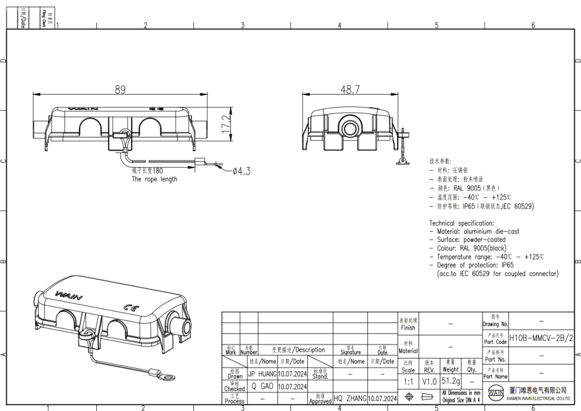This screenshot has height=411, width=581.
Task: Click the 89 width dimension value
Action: tap(120, 90)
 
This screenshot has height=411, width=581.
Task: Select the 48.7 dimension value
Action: tap(350, 90)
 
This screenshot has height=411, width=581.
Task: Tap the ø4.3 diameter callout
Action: tap(241, 171)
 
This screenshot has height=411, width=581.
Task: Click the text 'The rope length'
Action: tap(154, 180)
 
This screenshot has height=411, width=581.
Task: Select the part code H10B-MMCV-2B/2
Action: tap(540, 338)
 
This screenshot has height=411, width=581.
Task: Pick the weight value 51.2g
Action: tap(450, 382)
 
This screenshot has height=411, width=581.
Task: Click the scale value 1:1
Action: tap(408, 382)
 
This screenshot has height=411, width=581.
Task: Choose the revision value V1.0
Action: tap(429, 382)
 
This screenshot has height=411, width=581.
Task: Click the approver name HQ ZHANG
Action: tap(350, 399)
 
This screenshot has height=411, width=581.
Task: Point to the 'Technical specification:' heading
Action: tap(461, 224)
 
